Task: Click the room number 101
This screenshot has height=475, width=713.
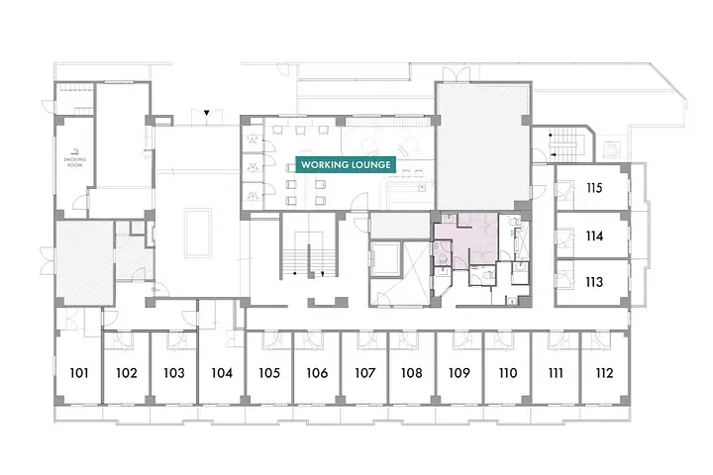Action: [x=79, y=373]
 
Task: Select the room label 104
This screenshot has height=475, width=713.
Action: [x=222, y=373]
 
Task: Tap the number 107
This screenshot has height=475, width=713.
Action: [x=364, y=373]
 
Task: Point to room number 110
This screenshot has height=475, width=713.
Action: [x=507, y=373]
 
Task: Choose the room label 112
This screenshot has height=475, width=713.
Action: [x=604, y=373]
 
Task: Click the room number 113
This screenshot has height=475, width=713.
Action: [x=594, y=282]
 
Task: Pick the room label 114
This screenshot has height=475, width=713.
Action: [x=594, y=236]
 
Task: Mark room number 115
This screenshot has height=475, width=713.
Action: [x=594, y=188]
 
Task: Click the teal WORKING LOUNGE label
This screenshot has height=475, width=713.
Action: [x=346, y=164]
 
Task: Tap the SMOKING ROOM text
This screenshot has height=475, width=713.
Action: [x=74, y=162]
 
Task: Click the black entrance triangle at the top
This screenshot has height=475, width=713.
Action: [x=206, y=112]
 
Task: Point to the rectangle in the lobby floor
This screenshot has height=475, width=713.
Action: [x=198, y=233]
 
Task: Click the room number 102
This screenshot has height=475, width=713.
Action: [x=127, y=373]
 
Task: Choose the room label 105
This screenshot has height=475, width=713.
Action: [x=269, y=373]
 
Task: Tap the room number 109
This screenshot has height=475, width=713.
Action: [x=458, y=373]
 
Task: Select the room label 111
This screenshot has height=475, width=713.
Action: [x=556, y=373]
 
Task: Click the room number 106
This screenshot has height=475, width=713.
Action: [x=317, y=373]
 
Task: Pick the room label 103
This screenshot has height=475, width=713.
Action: [x=174, y=373]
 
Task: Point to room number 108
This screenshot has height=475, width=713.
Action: [x=412, y=373]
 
